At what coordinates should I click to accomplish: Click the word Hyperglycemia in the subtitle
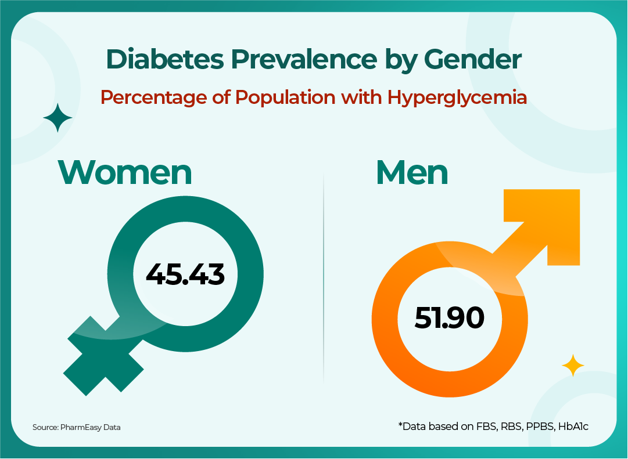coord(457,97)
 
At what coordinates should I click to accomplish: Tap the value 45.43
coord(185,274)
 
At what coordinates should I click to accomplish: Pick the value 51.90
coord(449,318)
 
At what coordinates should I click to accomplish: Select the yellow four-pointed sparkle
coord(573,366)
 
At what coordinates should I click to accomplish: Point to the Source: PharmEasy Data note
coord(76,428)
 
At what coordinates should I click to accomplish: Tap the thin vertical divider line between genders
coord(323,279)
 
